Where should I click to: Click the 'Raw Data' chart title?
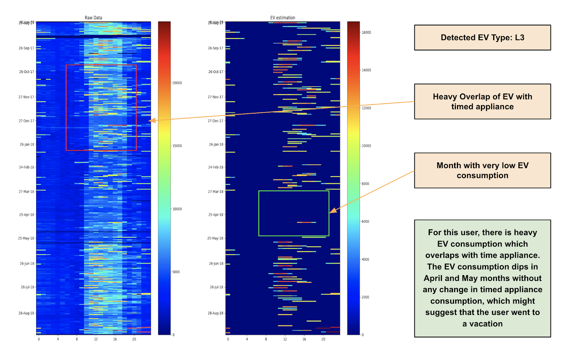click(93, 18)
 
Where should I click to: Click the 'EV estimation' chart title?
click(283, 18)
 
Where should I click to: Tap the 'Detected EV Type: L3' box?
click(482, 38)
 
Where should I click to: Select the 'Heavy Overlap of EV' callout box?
click(482, 102)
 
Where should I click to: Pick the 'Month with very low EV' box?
click(482, 170)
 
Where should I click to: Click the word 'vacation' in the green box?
click(486, 324)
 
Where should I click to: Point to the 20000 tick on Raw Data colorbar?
click(177, 83)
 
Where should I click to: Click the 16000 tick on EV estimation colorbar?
click(366, 33)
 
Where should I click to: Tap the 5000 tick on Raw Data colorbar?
click(176, 272)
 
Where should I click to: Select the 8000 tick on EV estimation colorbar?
click(365, 184)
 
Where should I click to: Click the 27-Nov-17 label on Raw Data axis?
click(27, 97)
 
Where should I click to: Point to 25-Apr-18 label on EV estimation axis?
click(216, 215)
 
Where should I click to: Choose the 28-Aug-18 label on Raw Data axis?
click(27, 313)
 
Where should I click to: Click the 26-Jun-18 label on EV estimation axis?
click(216, 264)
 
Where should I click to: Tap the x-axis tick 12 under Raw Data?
click(96, 339)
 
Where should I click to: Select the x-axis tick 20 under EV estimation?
click(323, 339)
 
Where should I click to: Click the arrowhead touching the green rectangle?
click(333, 211)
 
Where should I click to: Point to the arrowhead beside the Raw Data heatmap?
click(152, 121)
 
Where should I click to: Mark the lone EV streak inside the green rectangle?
click(306, 223)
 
